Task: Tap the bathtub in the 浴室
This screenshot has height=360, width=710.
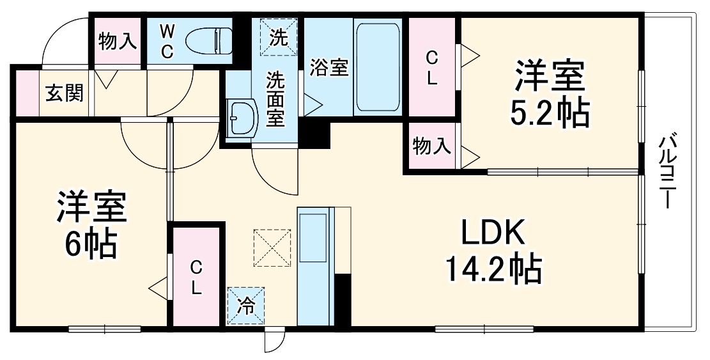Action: click(x=378, y=67)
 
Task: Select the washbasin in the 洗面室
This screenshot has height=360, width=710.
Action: click(x=242, y=118)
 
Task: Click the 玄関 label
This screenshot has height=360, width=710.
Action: click(x=64, y=94)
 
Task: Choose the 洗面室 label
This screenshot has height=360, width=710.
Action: click(x=275, y=99)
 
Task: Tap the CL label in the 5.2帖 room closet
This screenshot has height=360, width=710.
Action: click(x=432, y=69)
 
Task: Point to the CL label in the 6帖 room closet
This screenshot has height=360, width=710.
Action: click(x=196, y=276)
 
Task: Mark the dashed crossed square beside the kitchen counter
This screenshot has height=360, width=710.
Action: click(x=272, y=247)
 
